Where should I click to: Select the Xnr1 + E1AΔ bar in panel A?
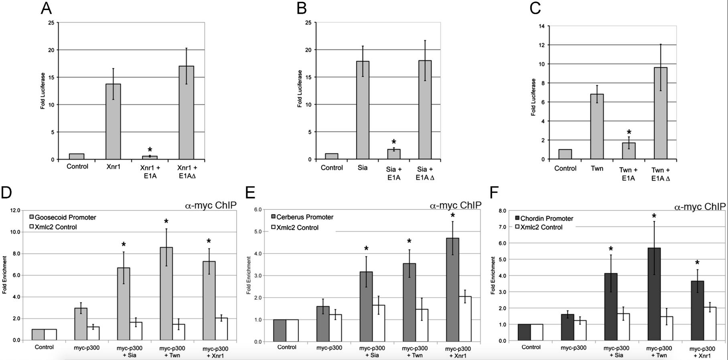pos(186,113)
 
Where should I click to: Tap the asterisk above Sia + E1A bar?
pos(393,142)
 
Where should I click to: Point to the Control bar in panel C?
pos(565,154)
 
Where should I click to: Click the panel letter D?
pos(6,192)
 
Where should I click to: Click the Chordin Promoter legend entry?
pos(543,218)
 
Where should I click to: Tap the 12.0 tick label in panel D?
pos(15,210)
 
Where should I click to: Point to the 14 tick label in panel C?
pos(541,26)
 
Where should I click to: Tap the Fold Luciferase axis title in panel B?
pos(300,89)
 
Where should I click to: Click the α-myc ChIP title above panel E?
pos(455,206)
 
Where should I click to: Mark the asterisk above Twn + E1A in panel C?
pos(629,133)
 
